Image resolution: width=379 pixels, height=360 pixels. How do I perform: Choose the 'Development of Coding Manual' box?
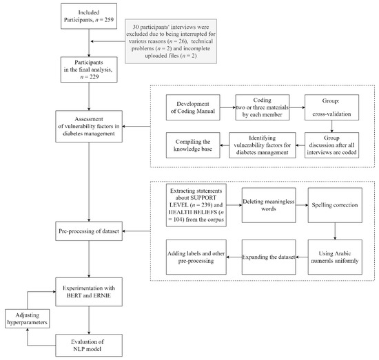pyautogui.click(x=193, y=108)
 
